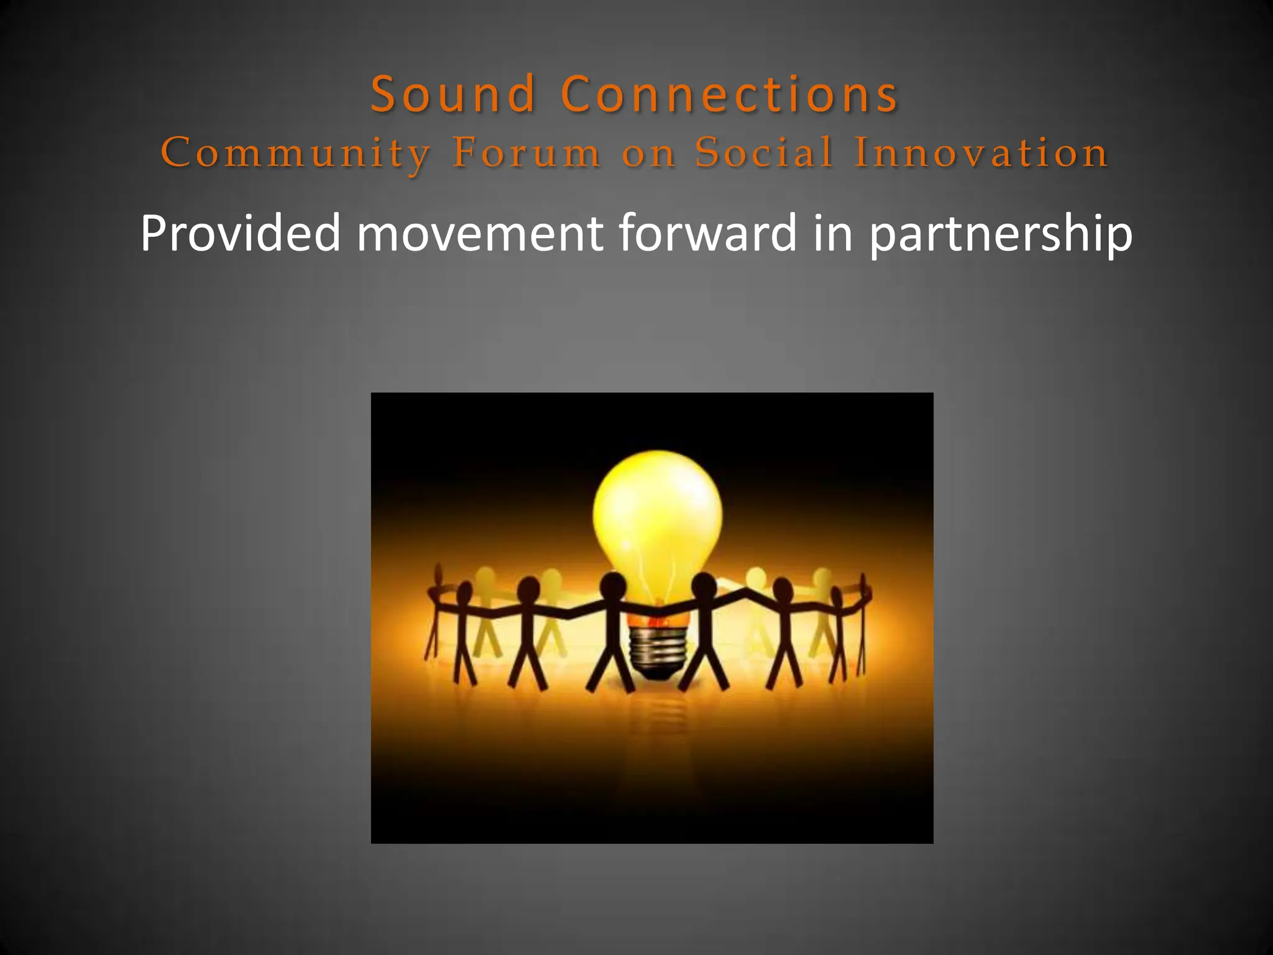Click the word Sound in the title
[x=453, y=94]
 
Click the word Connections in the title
[x=729, y=94]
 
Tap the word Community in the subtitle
[x=296, y=153]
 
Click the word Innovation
[x=981, y=152]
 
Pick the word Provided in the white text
[x=241, y=233]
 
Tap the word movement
[x=479, y=233]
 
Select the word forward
[x=707, y=233]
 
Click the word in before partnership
[x=832, y=233]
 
